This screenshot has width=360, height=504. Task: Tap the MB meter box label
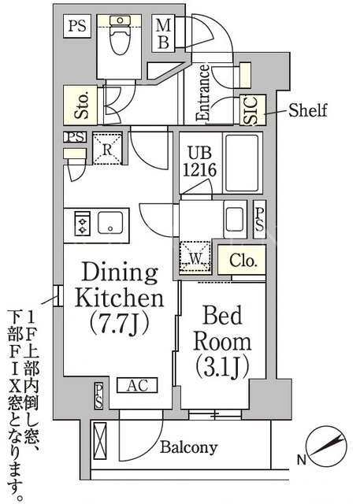coord(163,33)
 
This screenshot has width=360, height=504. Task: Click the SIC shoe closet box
coord(253,109)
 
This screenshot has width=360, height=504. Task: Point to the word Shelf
coord(307,110)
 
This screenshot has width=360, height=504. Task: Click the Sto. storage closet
coord(80,105)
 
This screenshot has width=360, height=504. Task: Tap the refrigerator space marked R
coord(107,149)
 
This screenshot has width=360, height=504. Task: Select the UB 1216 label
coord(199,161)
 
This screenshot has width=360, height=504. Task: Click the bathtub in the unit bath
coord(242,163)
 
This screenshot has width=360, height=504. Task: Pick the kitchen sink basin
coord(110,222)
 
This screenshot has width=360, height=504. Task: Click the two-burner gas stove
coord(82,222)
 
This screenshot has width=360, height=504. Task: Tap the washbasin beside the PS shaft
coord(235,220)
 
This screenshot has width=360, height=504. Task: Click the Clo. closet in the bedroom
coord(242,260)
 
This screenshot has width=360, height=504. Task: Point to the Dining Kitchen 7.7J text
coord(119,298)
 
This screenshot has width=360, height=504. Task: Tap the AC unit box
coord(137,385)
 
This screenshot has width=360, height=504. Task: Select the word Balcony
coord(189,447)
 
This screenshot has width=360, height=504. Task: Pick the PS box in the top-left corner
coord(77,26)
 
